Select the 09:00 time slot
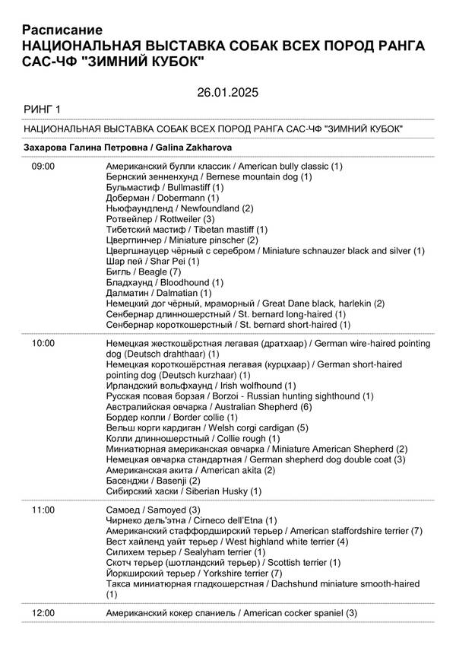pos(43,165)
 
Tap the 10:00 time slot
pos(43,343)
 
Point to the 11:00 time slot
pos(43,509)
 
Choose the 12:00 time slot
pos(43,612)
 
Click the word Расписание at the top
pos(62,30)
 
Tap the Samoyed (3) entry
pos(153,509)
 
